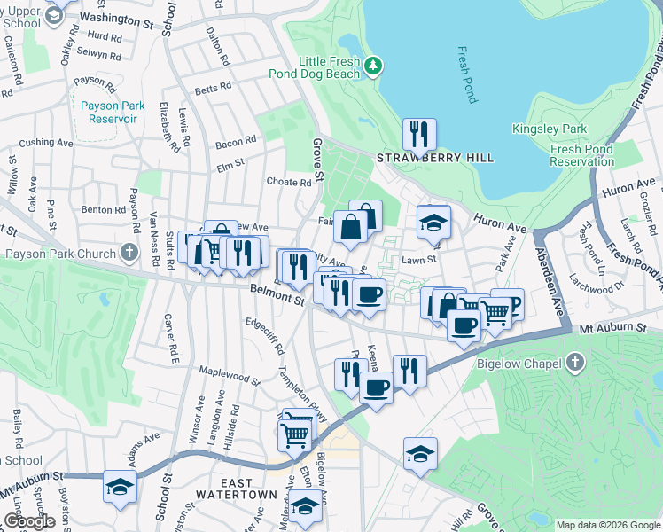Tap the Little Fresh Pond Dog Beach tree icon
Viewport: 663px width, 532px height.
[374, 66]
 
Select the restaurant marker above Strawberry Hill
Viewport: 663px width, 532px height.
[419, 135]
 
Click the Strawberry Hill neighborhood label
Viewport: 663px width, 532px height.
[435, 158]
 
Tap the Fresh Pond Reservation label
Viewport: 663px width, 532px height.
[581, 156]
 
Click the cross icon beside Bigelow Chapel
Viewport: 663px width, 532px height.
[575, 362]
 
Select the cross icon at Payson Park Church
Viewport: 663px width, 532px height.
[130, 253]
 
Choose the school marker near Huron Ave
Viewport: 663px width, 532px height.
[433, 223]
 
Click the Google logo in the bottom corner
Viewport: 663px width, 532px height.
[29, 521]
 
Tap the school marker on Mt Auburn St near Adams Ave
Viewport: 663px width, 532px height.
[120, 486]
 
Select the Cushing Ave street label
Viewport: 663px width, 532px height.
[46, 142]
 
